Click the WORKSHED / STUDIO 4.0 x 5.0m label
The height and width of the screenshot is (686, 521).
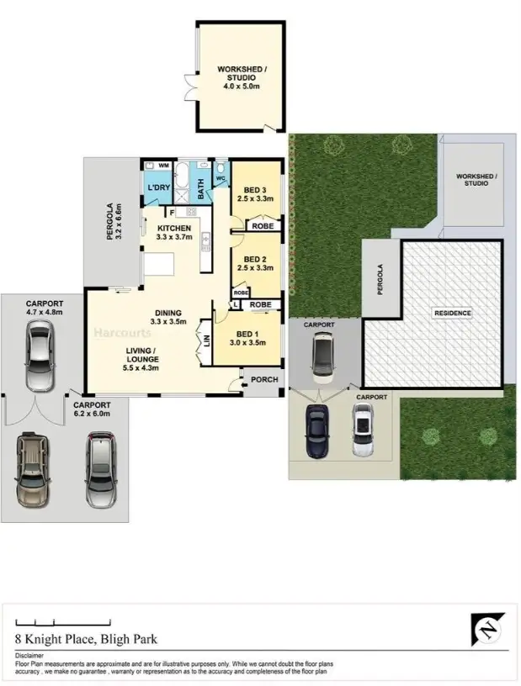pyautogui.click(x=237, y=77)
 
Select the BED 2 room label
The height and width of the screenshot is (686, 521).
pyautogui.click(x=254, y=263)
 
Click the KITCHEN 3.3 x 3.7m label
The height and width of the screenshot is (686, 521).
pyautogui.click(x=174, y=233)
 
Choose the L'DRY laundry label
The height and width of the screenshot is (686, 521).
pyautogui.click(x=159, y=187)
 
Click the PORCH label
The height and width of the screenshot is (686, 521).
pyautogui.click(x=263, y=380)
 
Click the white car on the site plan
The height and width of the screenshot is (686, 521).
pyautogui.click(x=362, y=430)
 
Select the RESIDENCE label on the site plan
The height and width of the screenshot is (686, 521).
pyautogui.click(x=452, y=314)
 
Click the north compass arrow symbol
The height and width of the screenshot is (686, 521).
pyautogui.click(x=486, y=628)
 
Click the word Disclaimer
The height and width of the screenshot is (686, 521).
pyautogui.click(x=31, y=655)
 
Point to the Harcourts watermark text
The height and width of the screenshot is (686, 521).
pyautogui.click(x=117, y=332)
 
